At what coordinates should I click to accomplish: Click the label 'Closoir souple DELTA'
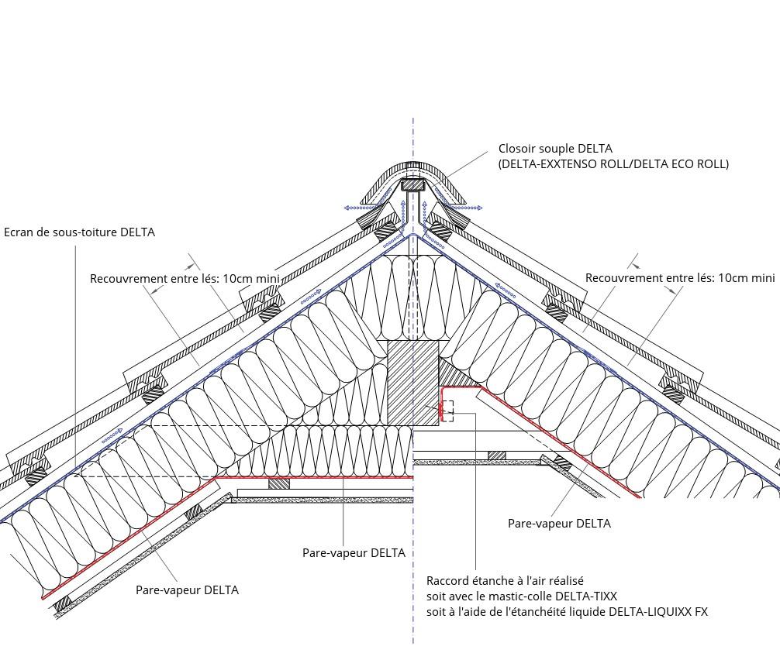click(555, 149)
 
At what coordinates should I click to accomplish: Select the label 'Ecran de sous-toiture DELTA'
click(80, 232)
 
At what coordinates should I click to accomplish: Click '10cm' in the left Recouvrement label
click(236, 278)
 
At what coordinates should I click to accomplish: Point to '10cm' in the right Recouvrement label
click(732, 278)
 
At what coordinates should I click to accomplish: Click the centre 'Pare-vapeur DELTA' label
click(354, 552)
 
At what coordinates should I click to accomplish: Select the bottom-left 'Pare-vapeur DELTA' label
click(187, 590)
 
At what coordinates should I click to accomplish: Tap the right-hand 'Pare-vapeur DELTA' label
click(559, 524)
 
